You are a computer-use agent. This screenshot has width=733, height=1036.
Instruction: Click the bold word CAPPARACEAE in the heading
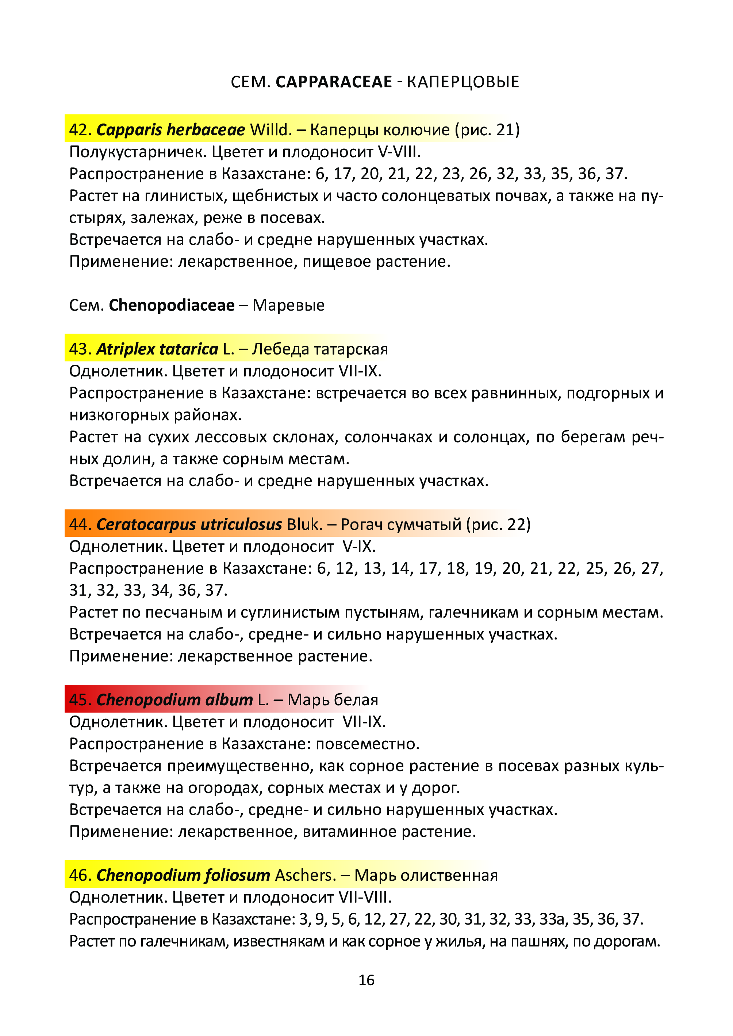(334, 82)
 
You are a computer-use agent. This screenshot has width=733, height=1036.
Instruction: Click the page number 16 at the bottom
(366, 979)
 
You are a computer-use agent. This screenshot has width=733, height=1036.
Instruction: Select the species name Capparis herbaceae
(170, 130)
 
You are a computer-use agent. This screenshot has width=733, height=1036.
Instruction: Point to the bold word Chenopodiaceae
(172, 306)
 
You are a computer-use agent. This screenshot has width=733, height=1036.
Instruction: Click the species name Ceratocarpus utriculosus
(189, 524)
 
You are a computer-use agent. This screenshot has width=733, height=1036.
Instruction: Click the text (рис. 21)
(487, 130)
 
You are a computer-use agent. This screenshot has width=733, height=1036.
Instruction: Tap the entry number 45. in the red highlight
(80, 700)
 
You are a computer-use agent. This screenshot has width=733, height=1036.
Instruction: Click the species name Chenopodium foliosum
(183, 875)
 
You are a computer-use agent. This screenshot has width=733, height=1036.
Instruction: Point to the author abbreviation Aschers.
(306, 875)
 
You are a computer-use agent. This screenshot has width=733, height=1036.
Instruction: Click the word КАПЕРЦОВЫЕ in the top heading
(463, 82)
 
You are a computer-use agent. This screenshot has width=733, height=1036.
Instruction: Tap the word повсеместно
(367, 744)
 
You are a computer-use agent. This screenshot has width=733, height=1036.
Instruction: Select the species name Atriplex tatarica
(157, 349)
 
